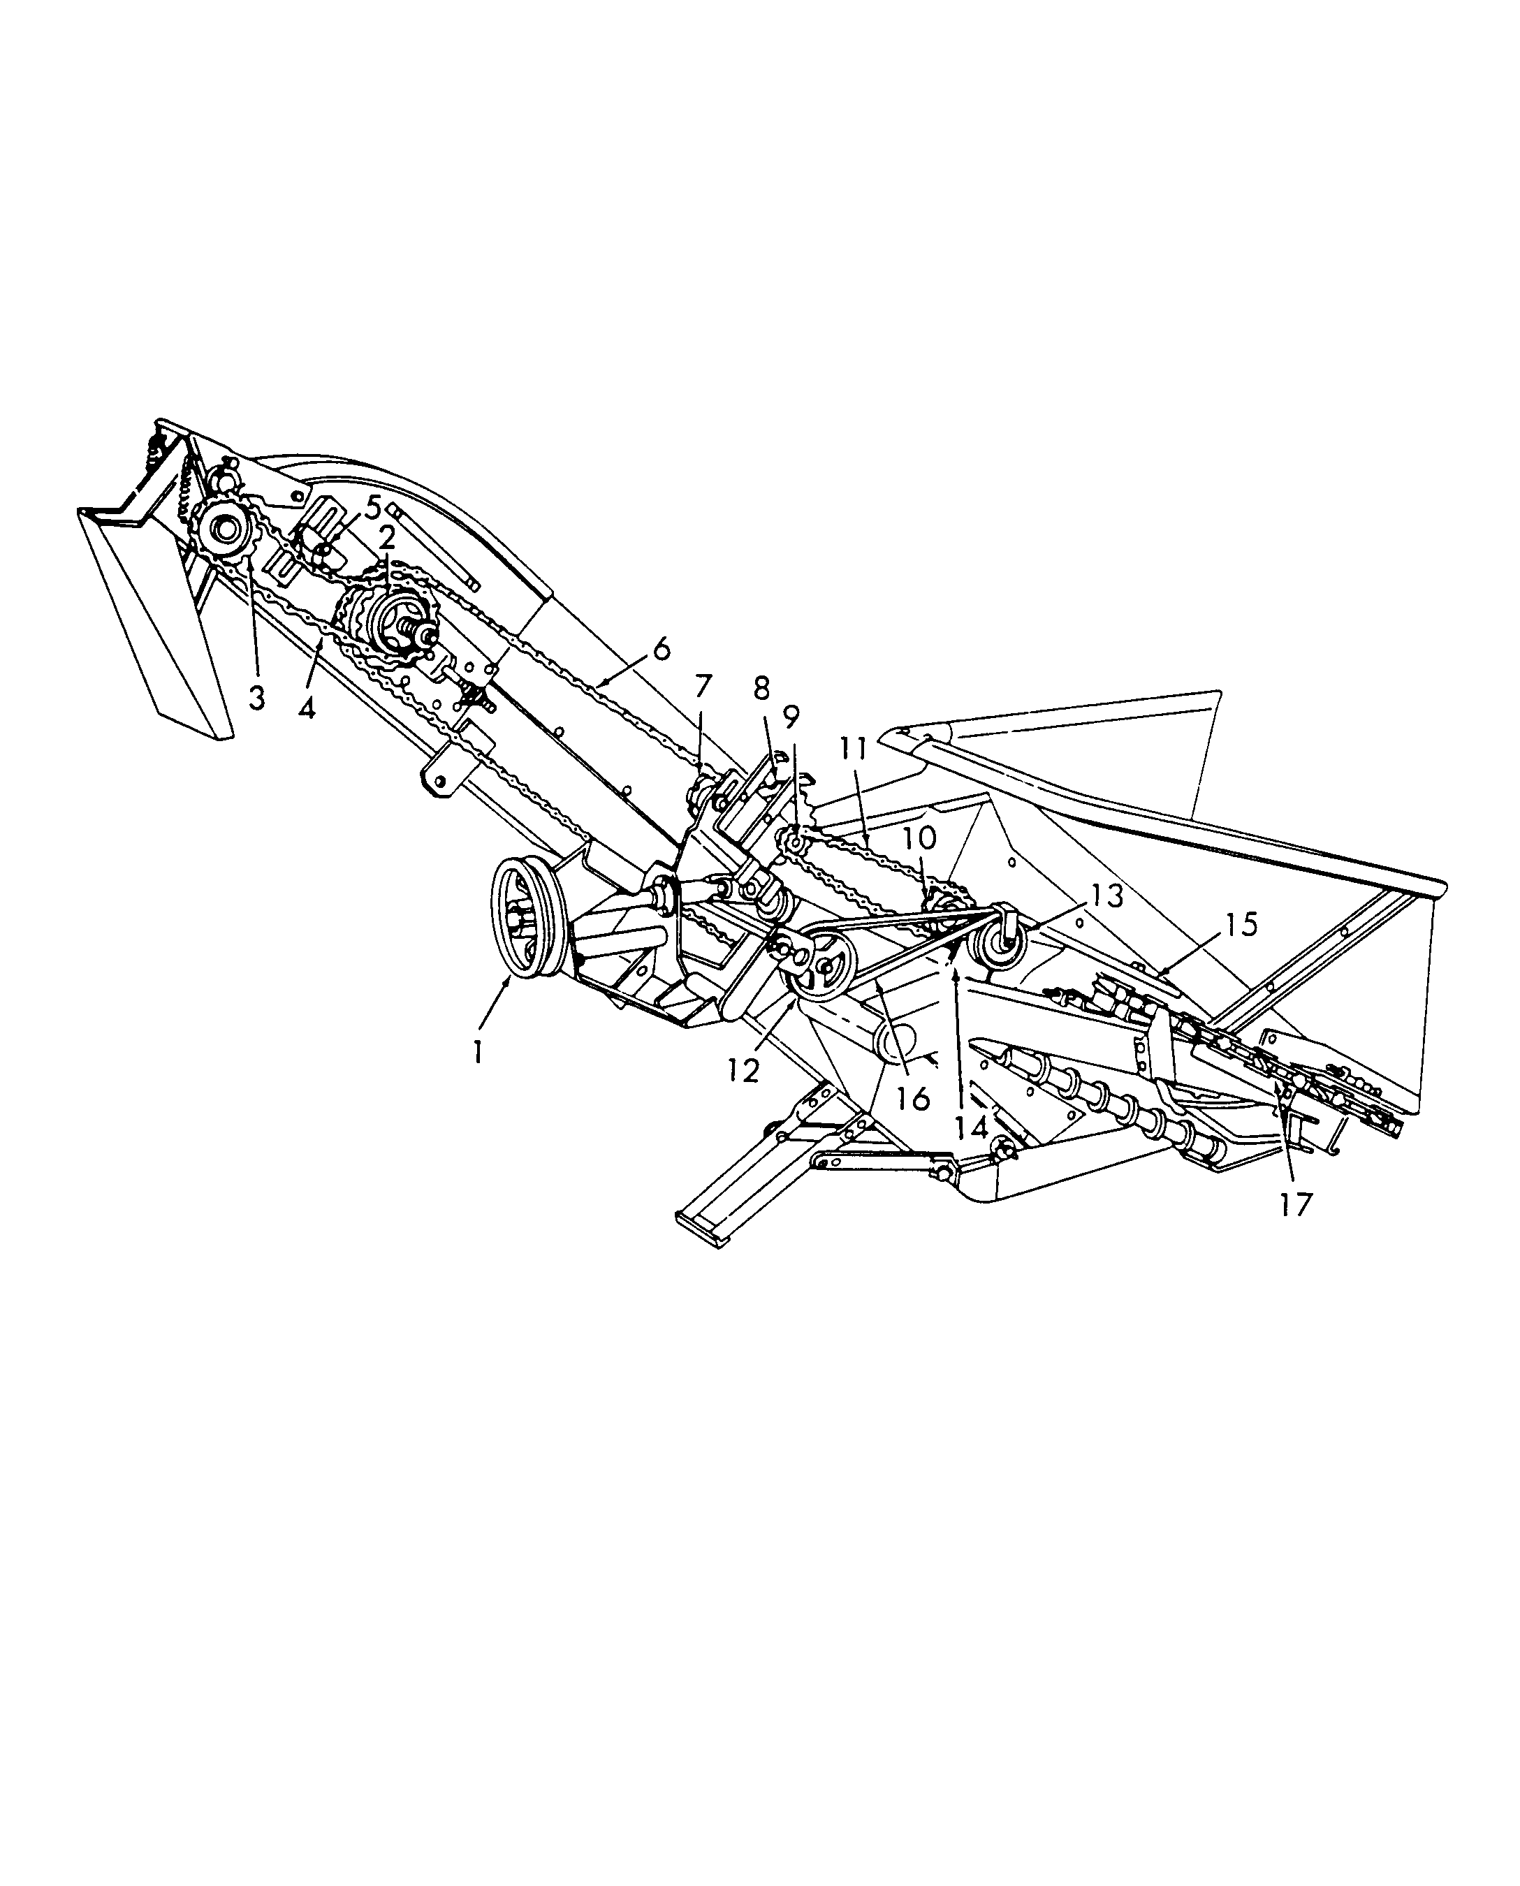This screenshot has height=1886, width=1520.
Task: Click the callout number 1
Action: click(478, 1051)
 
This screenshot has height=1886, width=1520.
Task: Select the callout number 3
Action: click(256, 698)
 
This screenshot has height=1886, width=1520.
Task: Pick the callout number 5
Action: click(373, 506)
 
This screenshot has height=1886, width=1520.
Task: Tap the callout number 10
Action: click(919, 838)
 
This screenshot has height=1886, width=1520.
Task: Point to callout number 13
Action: click(1105, 894)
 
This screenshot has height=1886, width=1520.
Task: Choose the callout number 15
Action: click(1241, 923)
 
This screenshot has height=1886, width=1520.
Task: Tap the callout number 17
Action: click(1296, 1205)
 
